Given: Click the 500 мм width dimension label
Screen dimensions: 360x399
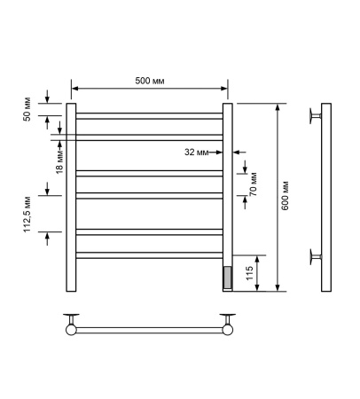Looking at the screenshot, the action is [150, 81].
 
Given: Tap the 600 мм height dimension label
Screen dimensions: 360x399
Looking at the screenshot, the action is [285, 195].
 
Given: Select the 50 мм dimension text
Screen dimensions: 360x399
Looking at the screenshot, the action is [27, 109].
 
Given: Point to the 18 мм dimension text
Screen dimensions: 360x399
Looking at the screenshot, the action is [59, 162].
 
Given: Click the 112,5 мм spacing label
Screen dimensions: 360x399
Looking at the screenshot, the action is [27, 214].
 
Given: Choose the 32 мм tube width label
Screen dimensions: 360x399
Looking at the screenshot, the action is [197, 152].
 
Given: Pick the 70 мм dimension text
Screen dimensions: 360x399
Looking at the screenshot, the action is [253, 184].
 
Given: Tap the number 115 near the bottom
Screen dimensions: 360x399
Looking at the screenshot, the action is [249, 273].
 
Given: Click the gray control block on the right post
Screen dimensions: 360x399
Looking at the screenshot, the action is [228, 277].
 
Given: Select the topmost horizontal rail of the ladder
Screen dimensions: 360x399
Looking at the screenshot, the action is [149, 116].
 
